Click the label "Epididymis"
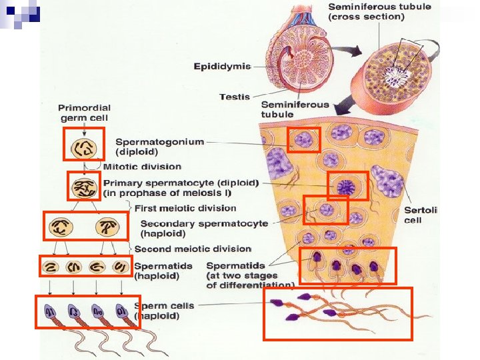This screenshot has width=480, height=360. click(x=222, y=66)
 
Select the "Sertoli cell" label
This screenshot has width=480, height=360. click(x=421, y=215)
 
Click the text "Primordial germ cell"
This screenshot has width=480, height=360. click(x=84, y=113)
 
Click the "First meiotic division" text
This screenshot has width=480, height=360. click(x=185, y=209)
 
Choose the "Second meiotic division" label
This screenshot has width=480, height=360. click(x=193, y=249)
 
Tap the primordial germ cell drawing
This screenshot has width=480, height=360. click(x=84, y=144)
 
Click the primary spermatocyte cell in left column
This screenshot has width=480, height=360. click(x=84, y=186)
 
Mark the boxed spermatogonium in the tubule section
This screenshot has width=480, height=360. click(x=304, y=140)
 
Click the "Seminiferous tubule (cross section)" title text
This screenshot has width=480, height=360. click(x=379, y=11)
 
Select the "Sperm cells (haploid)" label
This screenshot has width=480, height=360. click(x=164, y=311)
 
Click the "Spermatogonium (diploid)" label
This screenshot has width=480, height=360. click(x=159, y=146)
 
